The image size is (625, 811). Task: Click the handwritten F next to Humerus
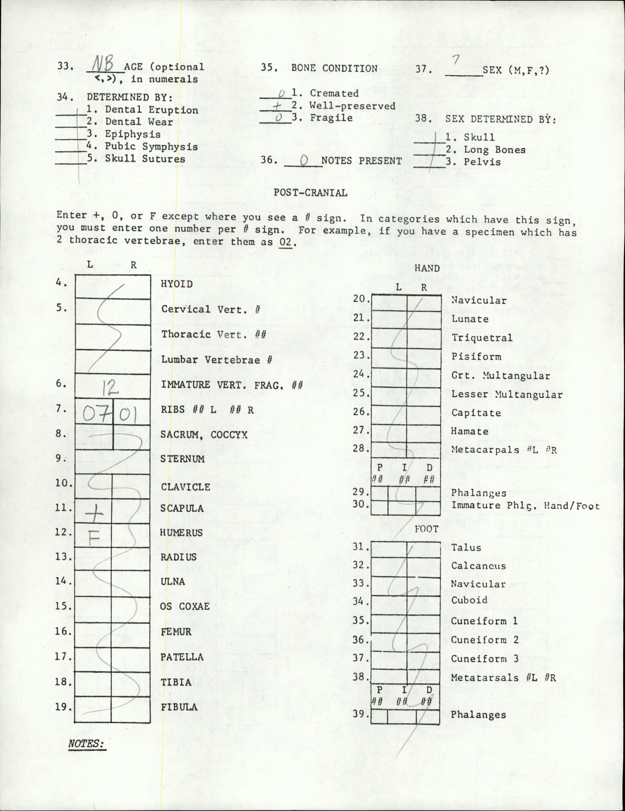(x=96, y=537)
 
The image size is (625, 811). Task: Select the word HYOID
(x=177, y=284)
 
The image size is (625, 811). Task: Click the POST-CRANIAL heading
(x=311, y=193)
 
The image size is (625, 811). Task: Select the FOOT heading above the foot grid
(x=427, y=529)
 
